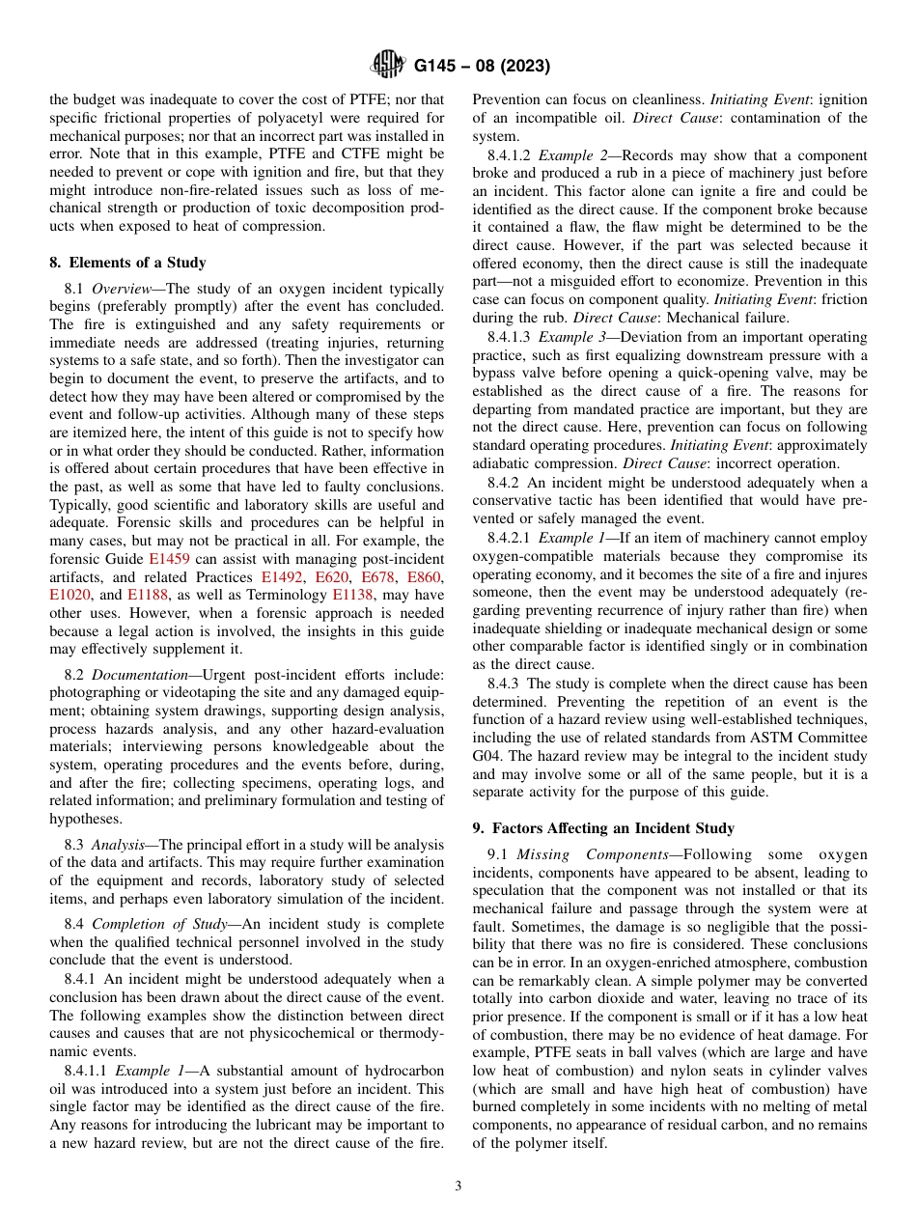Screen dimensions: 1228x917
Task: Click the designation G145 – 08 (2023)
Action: (482, 67)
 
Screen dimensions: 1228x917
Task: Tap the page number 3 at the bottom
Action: (458, 1186)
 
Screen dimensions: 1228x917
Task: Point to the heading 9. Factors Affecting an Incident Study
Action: (603, 828)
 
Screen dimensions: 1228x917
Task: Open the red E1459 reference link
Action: (169, 559)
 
